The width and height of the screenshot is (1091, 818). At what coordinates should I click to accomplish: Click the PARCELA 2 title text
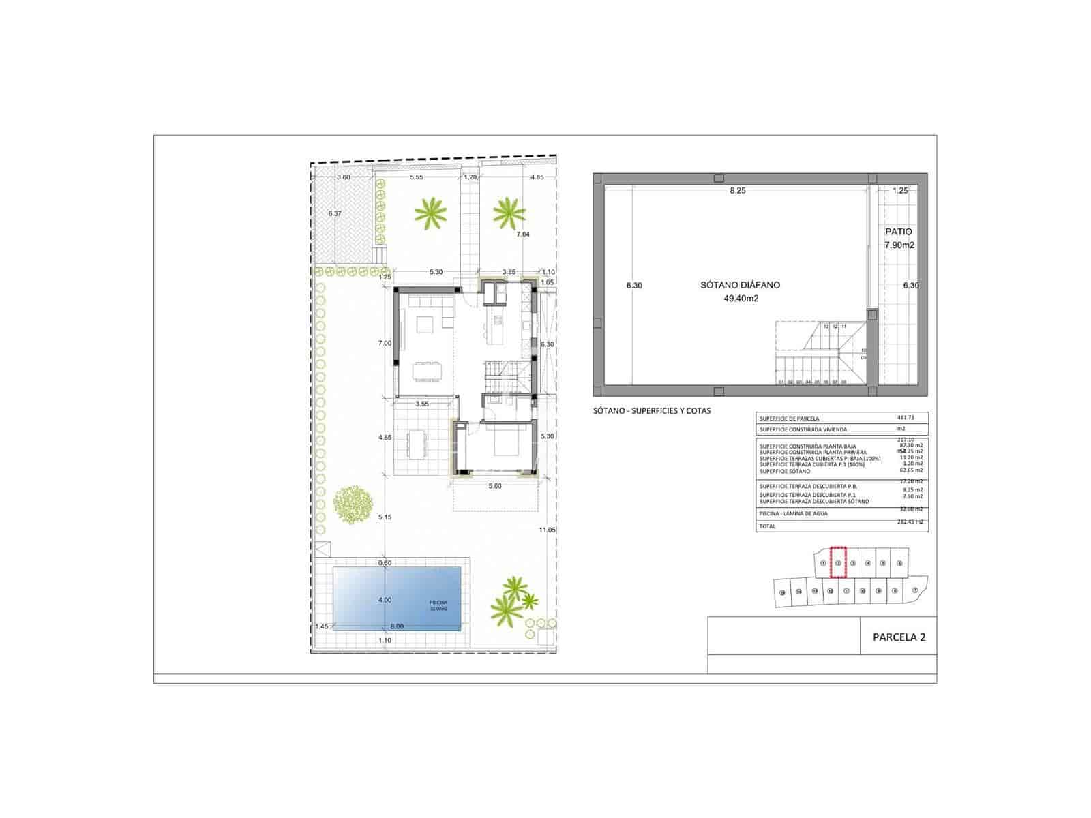click(x=899, y=638)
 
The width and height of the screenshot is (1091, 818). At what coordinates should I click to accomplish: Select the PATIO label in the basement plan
click(x=898, y=232)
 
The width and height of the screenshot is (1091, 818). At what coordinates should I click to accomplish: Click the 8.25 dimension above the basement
click(x=737, y=191)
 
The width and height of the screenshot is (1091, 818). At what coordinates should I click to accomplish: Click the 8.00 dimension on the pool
click(x=397, y=626)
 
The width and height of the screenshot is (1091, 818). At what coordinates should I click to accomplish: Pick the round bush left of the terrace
click(x=353, y=504)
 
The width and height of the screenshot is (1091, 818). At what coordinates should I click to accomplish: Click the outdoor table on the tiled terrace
click(x=417, y=445)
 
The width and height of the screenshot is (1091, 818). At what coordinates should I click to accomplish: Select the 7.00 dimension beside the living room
click(x=385, y=344)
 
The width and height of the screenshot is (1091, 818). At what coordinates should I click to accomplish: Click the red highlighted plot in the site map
click(x=838, y=563)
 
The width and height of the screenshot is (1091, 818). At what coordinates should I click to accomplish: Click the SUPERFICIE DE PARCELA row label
click(x=789, y=419)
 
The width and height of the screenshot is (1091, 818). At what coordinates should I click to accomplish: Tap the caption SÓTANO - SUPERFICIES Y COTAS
click(x=652, y=411)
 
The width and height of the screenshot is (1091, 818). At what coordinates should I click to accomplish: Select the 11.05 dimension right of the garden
click(x=547, y=530)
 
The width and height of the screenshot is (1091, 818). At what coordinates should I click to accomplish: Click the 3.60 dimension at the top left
click(x=344, y=177)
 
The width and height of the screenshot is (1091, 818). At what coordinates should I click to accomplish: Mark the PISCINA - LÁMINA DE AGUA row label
click(x=793, y=513)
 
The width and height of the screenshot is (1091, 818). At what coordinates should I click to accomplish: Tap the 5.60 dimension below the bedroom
click(x=495, y=486)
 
